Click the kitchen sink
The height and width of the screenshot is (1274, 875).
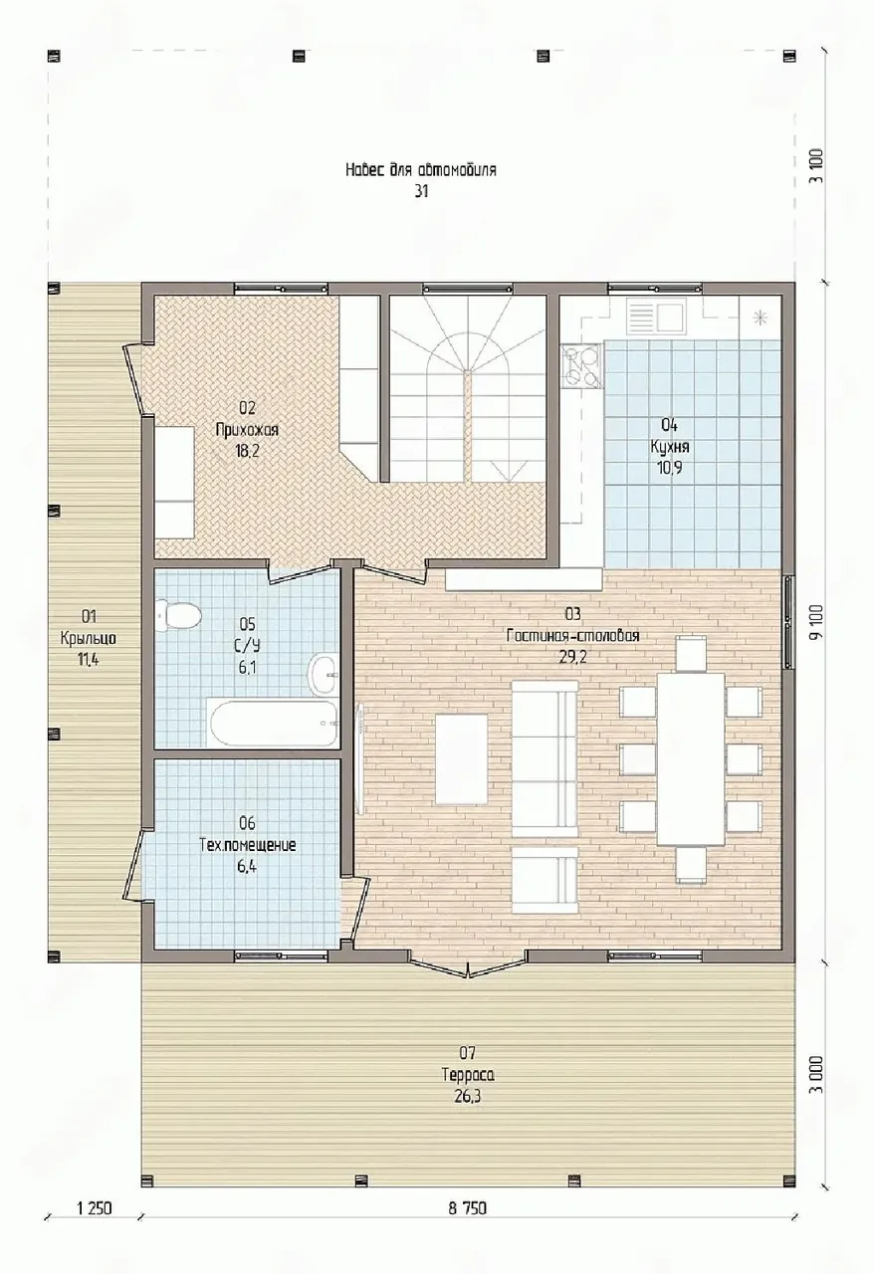655,317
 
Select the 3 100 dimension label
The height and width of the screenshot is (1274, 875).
817,166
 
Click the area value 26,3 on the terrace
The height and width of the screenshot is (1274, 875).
468,1096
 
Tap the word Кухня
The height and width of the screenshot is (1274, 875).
670,447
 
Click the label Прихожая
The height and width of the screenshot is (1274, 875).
247,429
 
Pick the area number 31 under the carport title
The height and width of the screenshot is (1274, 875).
421,192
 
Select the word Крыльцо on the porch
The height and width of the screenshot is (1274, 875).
89,638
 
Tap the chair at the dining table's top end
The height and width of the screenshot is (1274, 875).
691,653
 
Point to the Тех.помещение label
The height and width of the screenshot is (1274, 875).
248,845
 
